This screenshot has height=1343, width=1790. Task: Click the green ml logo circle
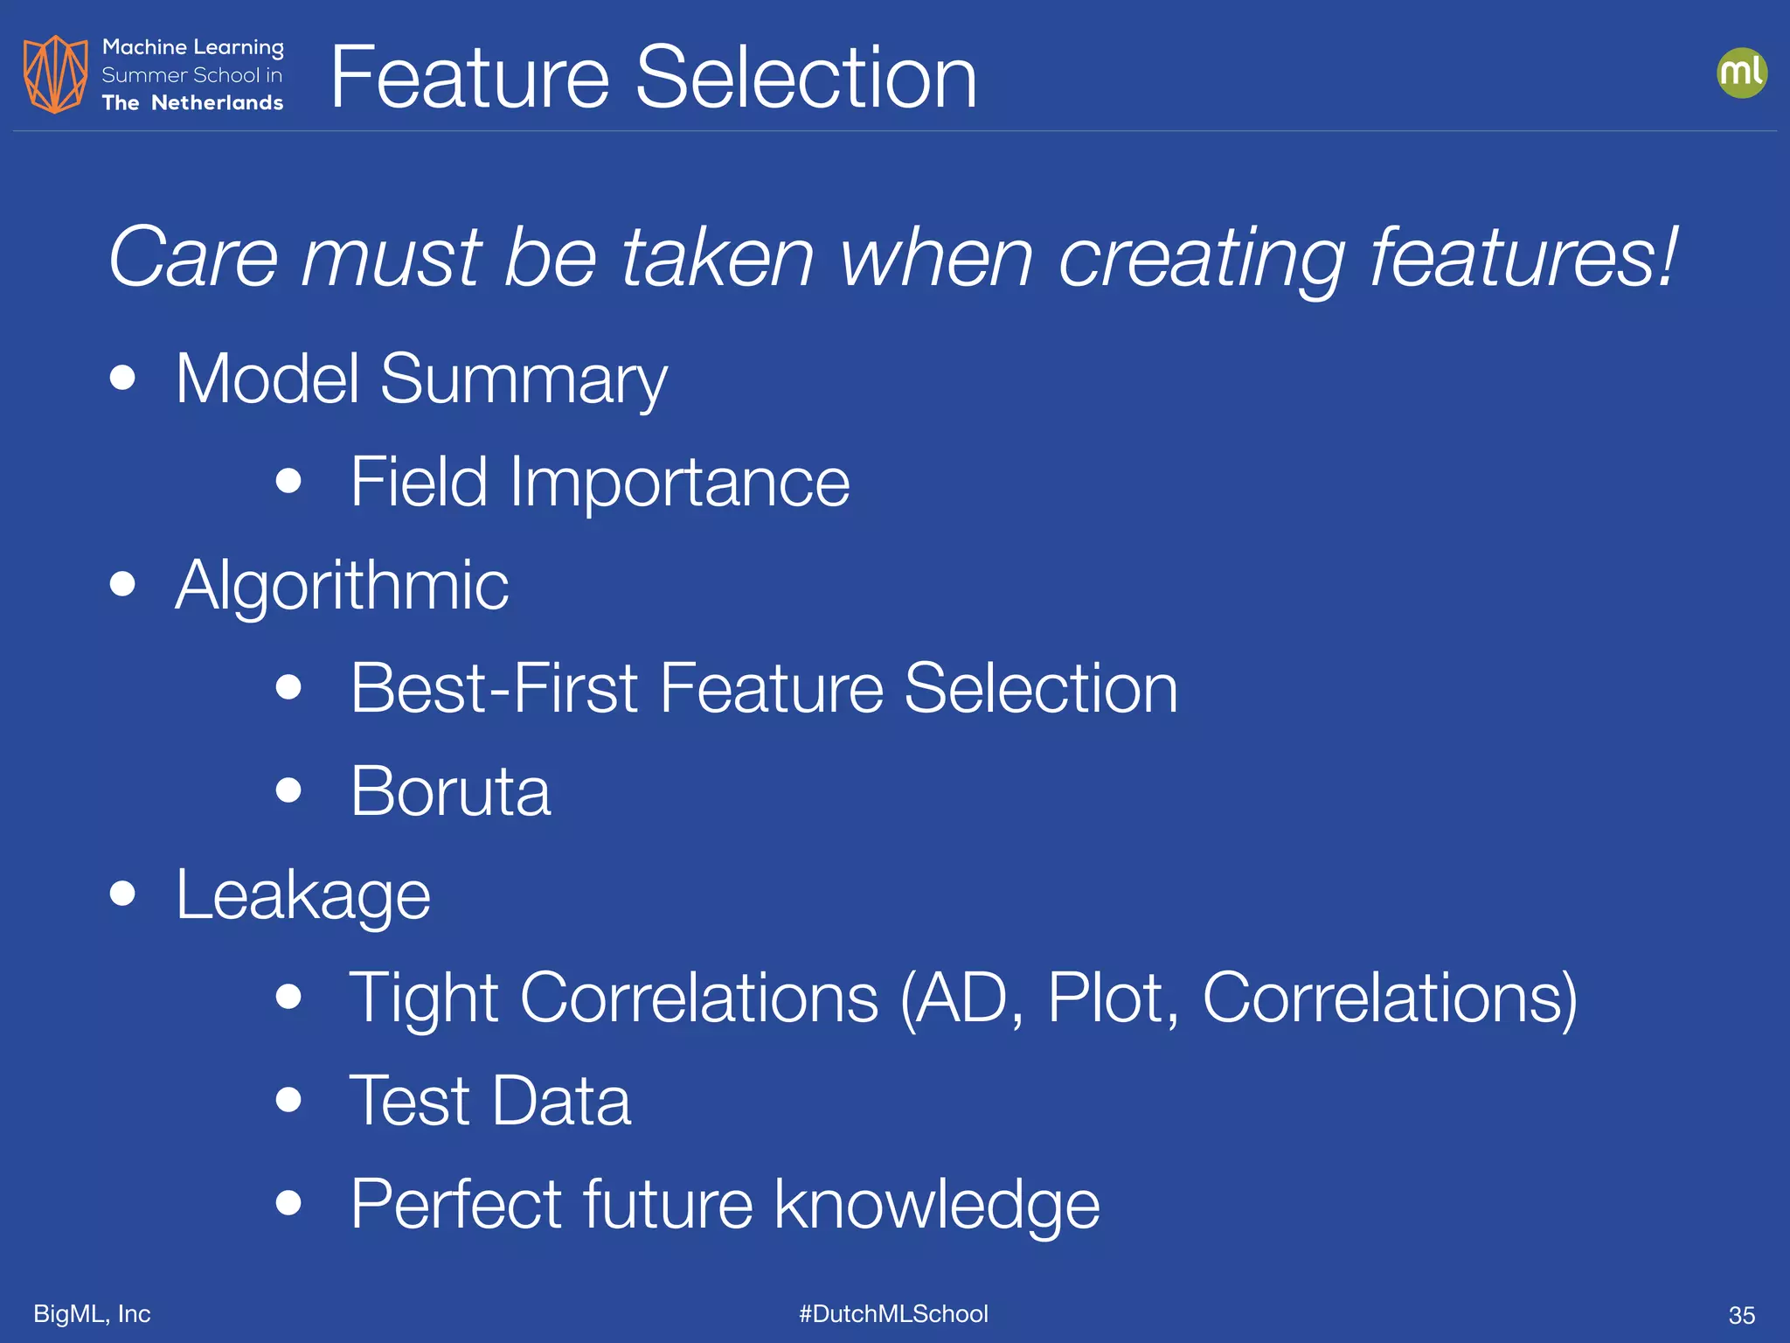coord(1741,73)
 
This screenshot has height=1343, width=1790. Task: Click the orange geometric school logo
coord(55,74)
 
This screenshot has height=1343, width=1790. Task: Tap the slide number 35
coord(1741,1315)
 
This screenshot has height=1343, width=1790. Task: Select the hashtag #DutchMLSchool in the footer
coord(893,1313)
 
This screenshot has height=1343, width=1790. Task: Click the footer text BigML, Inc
coord(92,1313)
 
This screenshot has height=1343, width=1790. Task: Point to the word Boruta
coord(450,791)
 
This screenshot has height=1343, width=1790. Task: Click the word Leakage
coord(302,894)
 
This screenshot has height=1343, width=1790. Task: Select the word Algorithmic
coord(342,585)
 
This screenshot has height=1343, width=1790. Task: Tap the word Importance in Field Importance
coord(680,482)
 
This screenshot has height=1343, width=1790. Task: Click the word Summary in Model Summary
coord(524,379)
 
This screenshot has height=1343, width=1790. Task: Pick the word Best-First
coord(494,688)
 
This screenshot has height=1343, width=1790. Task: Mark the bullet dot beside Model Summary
coord(123,378)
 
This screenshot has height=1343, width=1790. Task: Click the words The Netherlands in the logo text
coord(192,103)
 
